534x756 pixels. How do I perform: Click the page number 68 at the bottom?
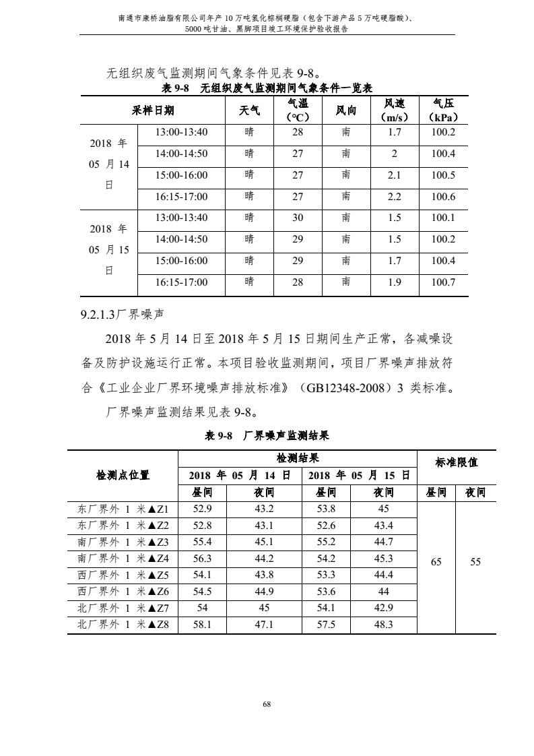[x=267, y=704]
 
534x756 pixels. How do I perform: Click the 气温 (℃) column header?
[x=298, y=110]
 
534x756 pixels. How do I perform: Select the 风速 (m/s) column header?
[x=395, y=110]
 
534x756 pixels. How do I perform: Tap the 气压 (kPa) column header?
[x=443, y=110]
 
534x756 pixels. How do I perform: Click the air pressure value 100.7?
[x=443, y=282]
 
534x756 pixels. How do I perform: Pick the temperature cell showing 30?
[x=298, y=218]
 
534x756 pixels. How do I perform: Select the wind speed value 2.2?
[x=395, y=197]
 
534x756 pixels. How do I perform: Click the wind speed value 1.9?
[x=395, y=282]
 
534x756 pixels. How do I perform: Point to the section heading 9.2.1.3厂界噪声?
[x=123, y=314]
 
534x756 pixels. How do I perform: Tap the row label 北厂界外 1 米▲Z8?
[x=123, y=625]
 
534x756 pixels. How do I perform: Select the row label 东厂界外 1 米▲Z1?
[x=123, y=509]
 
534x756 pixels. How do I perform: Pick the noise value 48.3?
[x=383, y=625]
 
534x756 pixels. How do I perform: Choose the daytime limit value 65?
[x=436, y=561]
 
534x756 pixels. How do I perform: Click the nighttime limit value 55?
[x=475, y=561]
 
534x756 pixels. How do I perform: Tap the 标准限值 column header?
[x=457, y=462]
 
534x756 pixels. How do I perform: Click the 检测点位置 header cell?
[x=123, y=475]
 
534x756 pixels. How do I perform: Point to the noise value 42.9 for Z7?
[x=383, y=608]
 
